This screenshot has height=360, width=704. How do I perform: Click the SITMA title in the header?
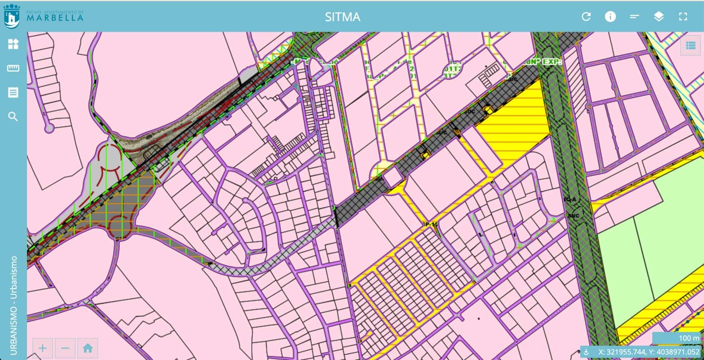point(342,17)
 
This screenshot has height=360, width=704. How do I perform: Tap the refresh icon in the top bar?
point(586,17)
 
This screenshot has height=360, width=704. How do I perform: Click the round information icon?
point(610,17)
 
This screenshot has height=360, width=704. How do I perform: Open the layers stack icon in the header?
point(659,17)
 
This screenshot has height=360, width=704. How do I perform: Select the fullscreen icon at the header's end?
point(683,17)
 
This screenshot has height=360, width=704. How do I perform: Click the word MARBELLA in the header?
point(55,18)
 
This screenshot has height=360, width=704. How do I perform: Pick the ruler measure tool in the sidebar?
point(13,68)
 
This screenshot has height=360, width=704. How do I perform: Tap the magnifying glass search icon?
point(13,117)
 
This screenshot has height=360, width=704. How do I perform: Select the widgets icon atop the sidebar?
point(13,44)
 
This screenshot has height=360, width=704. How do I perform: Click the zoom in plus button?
point(43,349)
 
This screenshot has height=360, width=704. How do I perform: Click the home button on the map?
point(88,349)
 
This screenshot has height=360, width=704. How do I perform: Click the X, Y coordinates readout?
point(649,352)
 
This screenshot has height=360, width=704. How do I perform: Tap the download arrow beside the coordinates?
point(586,352)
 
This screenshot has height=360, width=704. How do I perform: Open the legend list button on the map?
point(690,45)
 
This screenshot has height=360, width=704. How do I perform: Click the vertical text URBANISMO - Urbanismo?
point(13,305)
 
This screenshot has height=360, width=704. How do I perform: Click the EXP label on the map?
point(552,62)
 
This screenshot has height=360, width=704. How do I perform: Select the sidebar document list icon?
point(13,92)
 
